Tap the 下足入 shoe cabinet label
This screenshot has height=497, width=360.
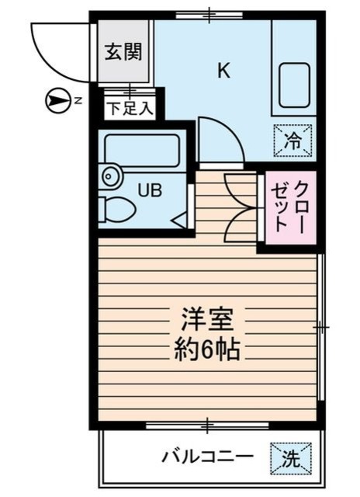tap(130, 107)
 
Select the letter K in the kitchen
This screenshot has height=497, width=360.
tap(223, 71)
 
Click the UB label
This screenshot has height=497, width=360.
tap(150, 189)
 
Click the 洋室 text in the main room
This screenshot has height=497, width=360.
tap(207, 320)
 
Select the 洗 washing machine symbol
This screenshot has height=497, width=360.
tap(291, 457)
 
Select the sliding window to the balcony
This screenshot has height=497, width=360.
tap(207, 425)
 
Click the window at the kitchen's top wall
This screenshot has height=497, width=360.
tap(209, 14)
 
